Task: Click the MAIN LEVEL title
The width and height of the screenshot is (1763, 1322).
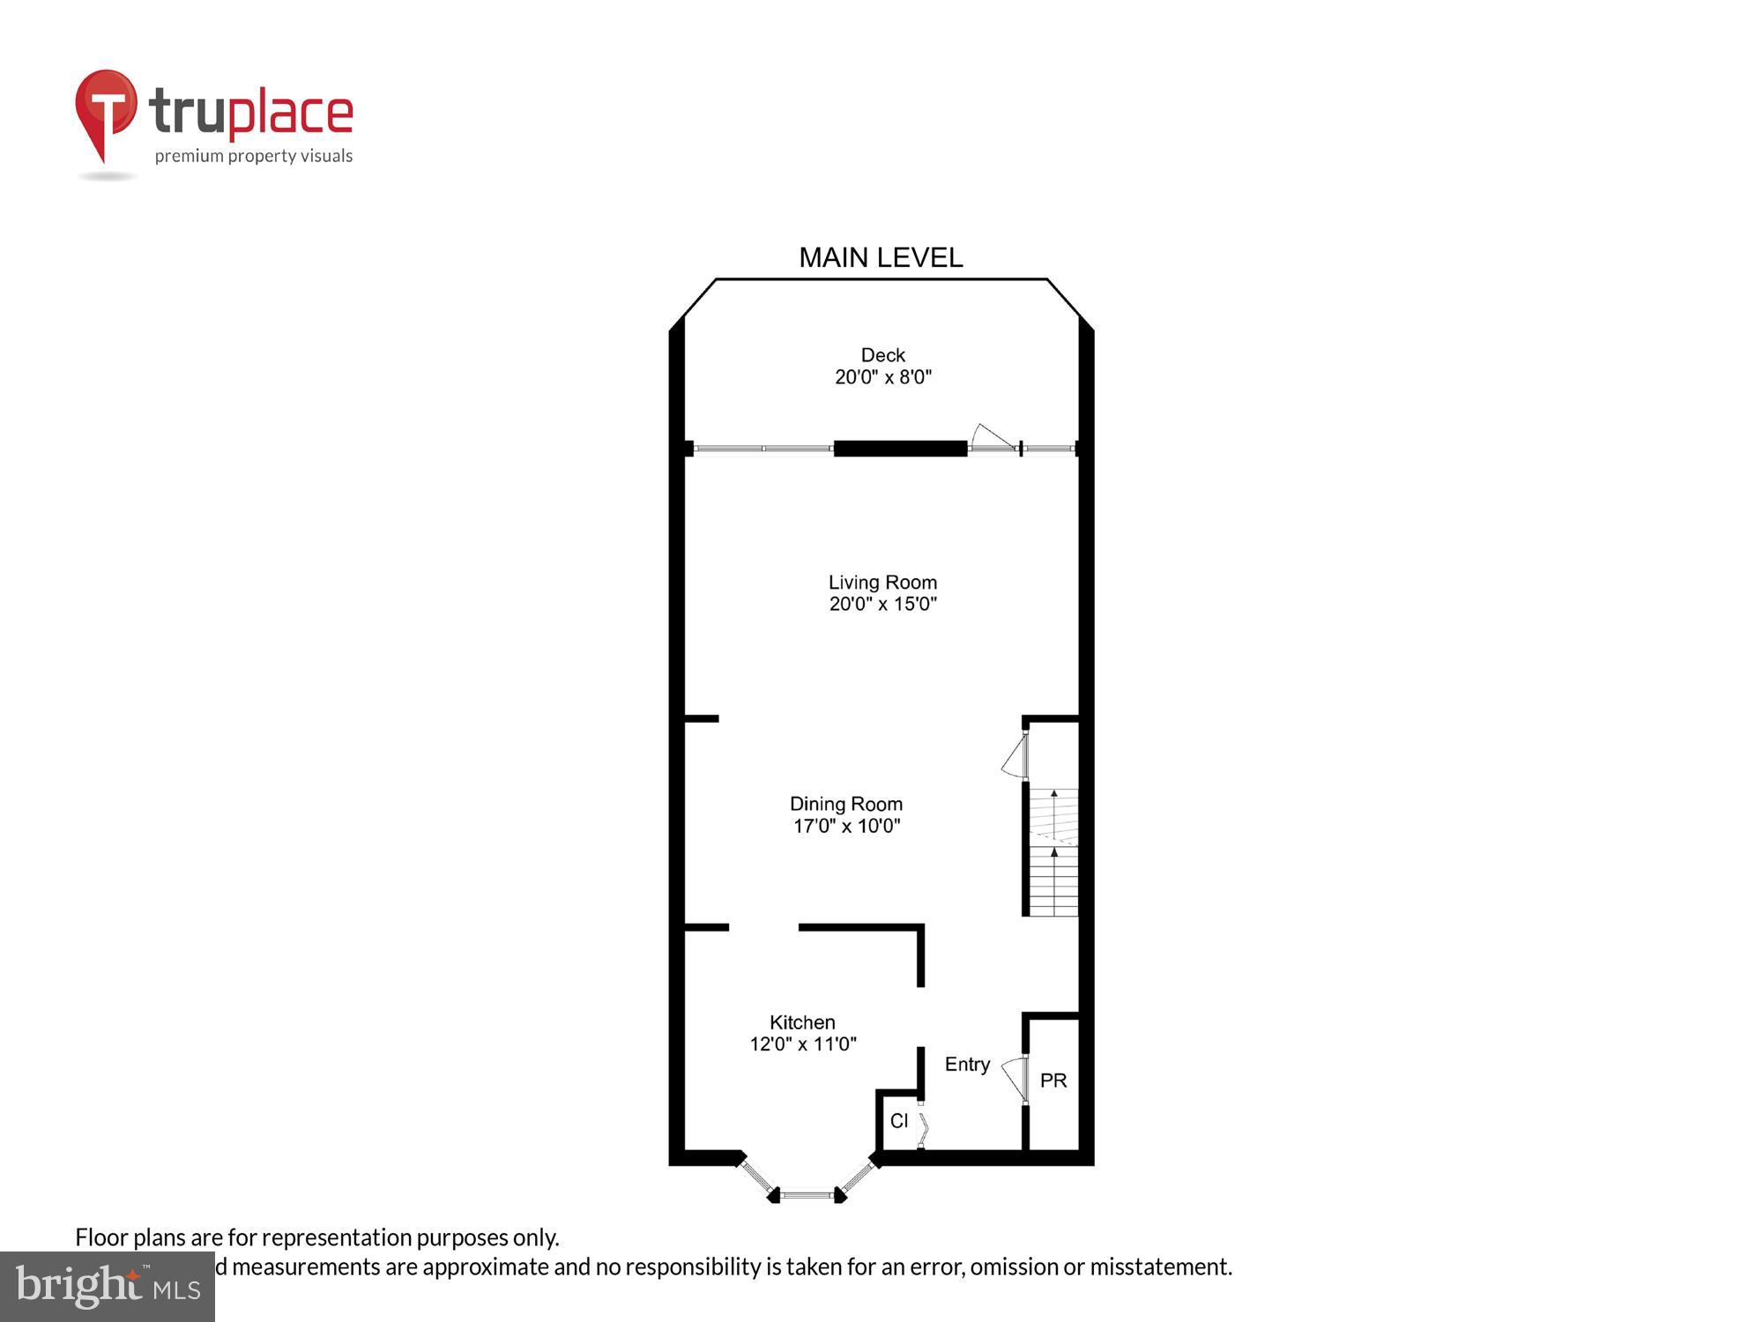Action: pos(880,258)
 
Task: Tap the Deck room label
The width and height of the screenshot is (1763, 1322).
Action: pos(882,355)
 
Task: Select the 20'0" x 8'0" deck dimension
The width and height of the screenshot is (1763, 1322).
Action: pos(882,377)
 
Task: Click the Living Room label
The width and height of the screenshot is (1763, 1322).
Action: pos(882,583)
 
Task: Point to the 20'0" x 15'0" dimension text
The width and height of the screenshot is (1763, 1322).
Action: pos(882,605)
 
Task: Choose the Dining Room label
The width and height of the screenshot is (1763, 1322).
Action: pos(845,804)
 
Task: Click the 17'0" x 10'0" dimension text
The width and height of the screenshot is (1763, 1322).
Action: pos(845,827)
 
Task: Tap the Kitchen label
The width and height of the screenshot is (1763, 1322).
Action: pos(802,1022)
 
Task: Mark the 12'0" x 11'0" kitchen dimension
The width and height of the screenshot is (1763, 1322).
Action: pos(802,1044)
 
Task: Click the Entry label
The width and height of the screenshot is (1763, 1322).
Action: pos(967,1065)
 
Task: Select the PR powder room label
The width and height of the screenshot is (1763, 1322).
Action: pos(1053,1081)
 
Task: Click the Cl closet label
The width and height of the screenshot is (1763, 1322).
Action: pos(898,1121)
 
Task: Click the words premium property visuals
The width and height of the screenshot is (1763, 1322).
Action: pos(254,157)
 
